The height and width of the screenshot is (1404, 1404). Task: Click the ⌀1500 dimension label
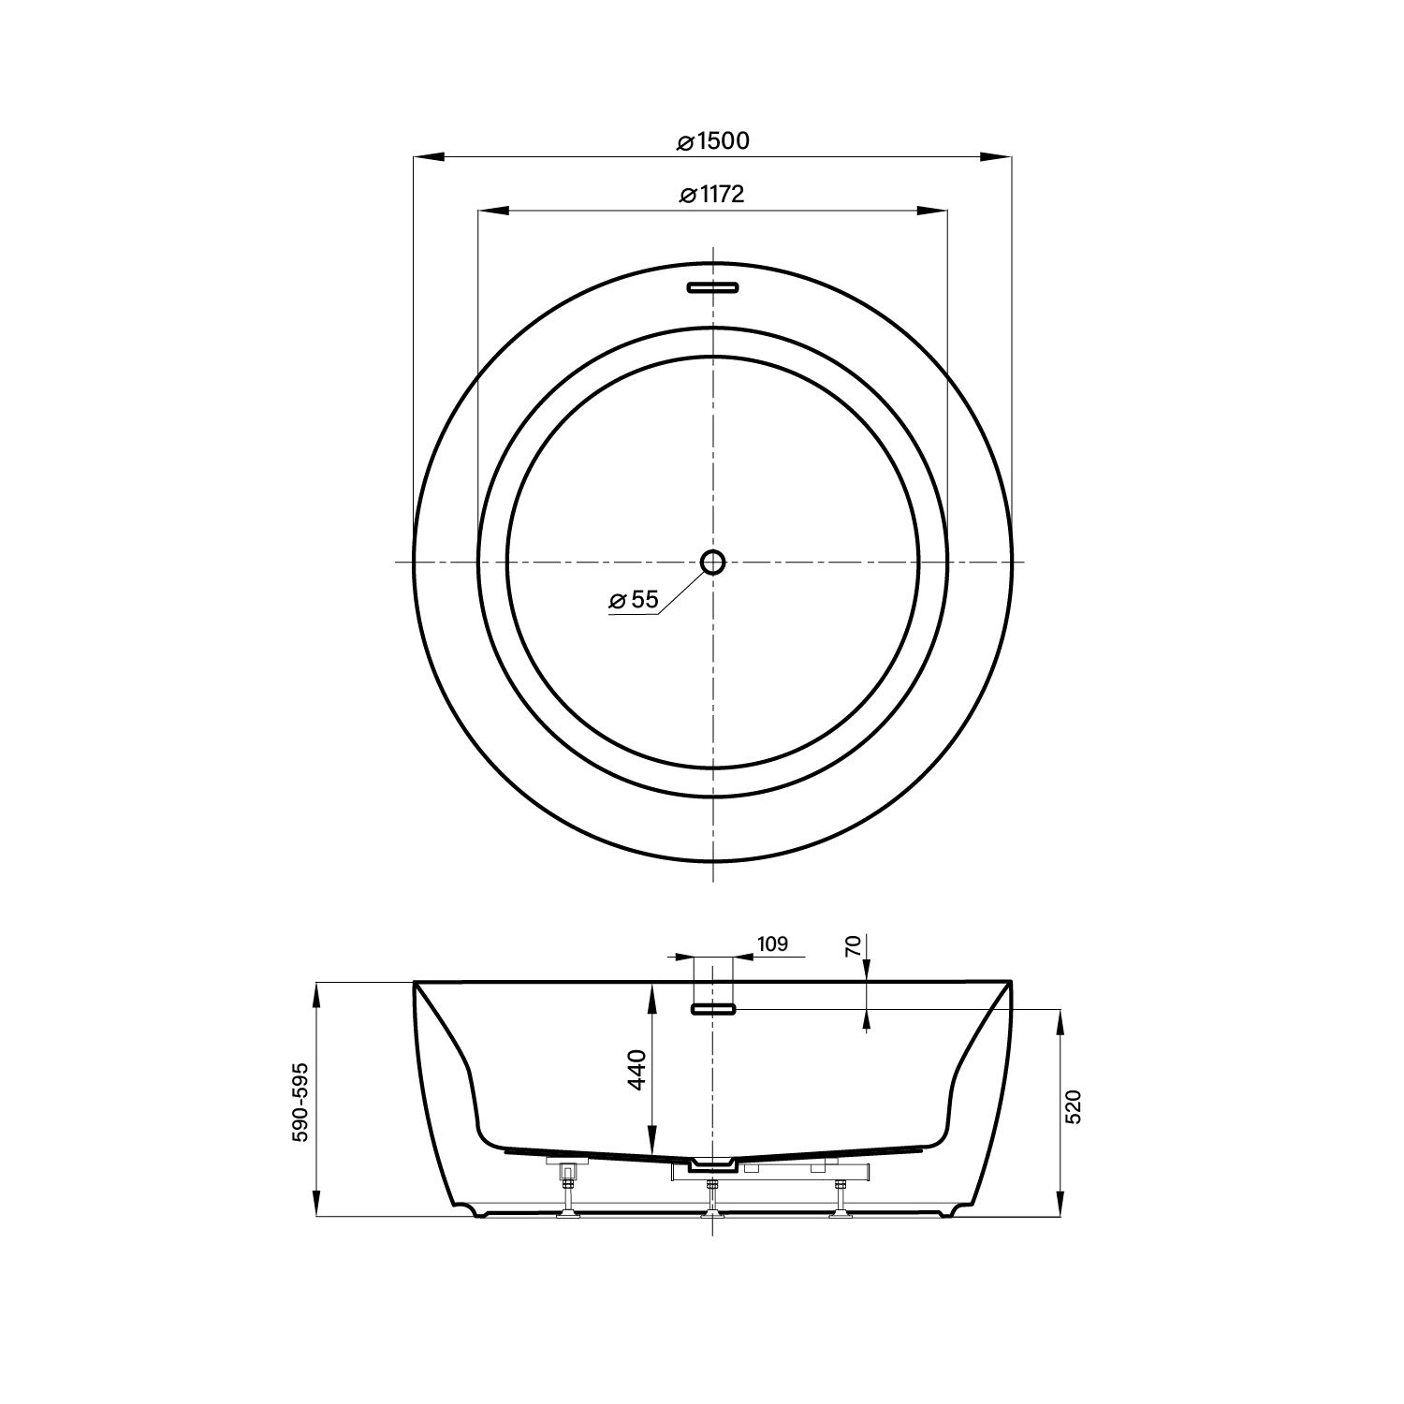(713, 141)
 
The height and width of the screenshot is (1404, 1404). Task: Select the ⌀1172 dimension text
(713, 195)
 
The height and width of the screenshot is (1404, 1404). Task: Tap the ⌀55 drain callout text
(635, 600)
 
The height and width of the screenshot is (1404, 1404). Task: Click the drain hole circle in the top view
(713, 562)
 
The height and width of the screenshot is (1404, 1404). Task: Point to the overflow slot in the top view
(713, 287)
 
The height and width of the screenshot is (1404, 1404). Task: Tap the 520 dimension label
(1074, 1106)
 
